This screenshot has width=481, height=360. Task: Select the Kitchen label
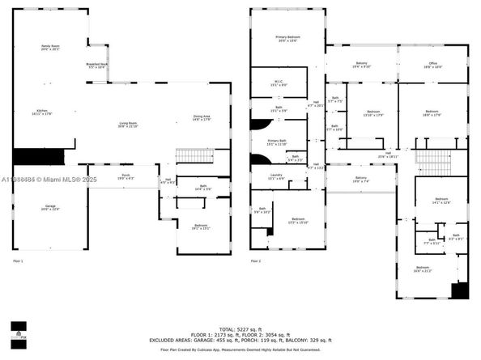point(42,112)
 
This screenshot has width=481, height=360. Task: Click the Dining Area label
point(202,118)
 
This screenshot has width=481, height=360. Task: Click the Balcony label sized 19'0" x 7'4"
point(361,180)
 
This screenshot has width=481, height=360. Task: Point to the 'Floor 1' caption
point(18,260)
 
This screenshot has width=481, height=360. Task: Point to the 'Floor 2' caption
point(256,260)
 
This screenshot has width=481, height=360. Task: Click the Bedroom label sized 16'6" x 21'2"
point(422,269)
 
